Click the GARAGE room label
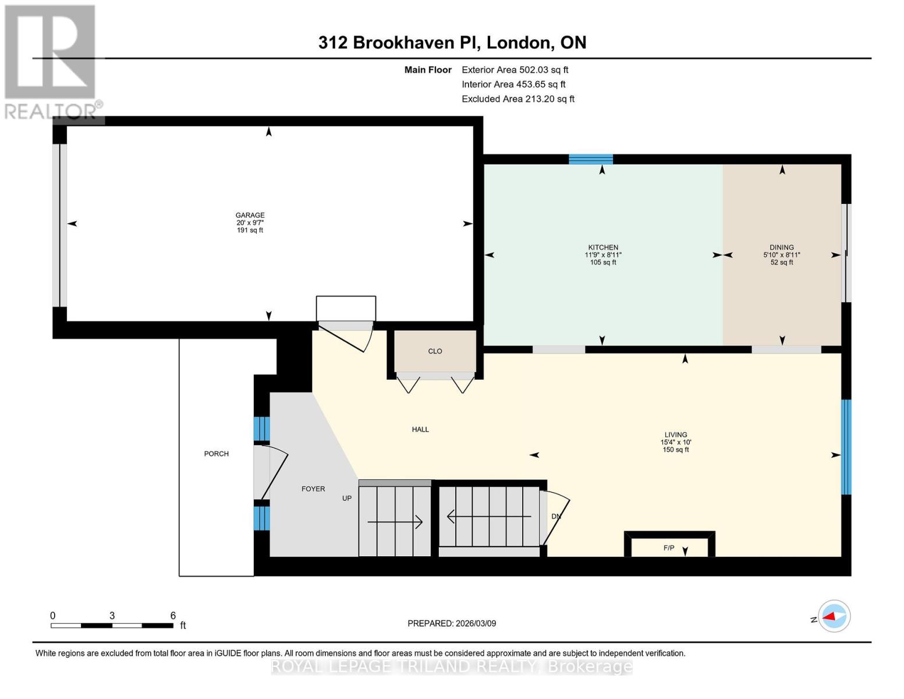pyautogui.click(x=250, y=216)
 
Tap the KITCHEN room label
pyautogui.click(x=602, y=248)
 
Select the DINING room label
pyautogui.click(x=781, y=248)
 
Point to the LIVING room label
pyautogui.click(x=675, y=435)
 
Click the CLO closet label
pyautogui.click(x=435, y=351)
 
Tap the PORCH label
pyautogui.click(x=216, y=454)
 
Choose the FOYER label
pyautogui.click(x=313, y=489)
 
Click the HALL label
pyautogui.click(x=420, y=429)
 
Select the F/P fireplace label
pyautogui.click(x=668, y=548)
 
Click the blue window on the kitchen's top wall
pyautogui.click(x=590, y=159)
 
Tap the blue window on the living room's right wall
pyautogui.click(x=846, y=447)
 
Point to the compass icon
pyautogui.click(x=834, y=616)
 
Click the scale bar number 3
pyautogui.click(x=112, y=615)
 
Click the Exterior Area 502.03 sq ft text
pyautogui.click(x=515, y=69)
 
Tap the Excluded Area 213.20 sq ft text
pyautogui.click(x=517, y=99)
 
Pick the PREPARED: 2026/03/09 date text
pyautogui.click(x=452, y=623)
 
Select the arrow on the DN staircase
pyautogui.click(x=489, y=516)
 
